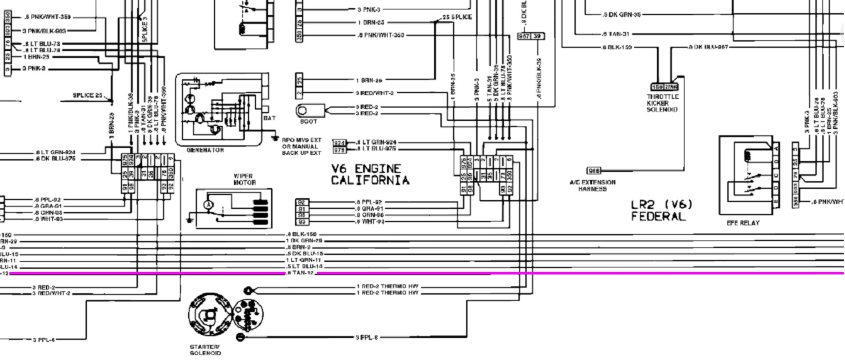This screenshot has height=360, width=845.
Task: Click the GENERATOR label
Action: [205, 150]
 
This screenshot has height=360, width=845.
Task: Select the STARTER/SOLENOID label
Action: [205, 350]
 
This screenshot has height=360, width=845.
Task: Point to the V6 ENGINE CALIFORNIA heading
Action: [370, 175]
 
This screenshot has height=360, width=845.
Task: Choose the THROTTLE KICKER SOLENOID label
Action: [663, 103]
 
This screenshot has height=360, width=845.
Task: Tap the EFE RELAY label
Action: [743, 223]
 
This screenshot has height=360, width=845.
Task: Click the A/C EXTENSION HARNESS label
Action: [592, 186]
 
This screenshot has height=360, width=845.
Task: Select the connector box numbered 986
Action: [594, 171]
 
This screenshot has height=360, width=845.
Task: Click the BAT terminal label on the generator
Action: [269, 118]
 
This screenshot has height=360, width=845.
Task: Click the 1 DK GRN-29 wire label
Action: [305, 241]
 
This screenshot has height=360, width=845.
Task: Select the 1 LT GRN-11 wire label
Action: [305, 260]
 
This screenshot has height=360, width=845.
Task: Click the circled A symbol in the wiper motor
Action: [208, 205]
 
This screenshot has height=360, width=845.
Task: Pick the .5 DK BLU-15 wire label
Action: [305, 254]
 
